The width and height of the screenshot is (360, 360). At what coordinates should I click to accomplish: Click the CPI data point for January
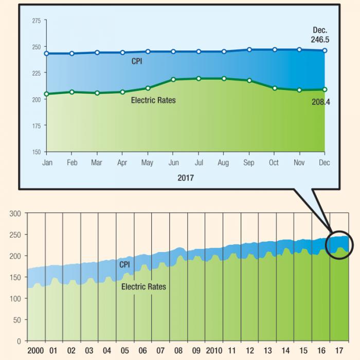coord(47,53)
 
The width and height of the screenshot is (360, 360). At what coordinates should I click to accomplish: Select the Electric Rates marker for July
coord(199,79)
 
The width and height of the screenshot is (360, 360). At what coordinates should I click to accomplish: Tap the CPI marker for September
coord(249,50)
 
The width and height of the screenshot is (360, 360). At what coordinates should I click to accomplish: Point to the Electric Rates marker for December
coord(325,89)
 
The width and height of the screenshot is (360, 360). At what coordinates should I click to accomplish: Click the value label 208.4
coord(320,102)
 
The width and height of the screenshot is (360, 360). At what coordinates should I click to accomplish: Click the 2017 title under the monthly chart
coord(185,177)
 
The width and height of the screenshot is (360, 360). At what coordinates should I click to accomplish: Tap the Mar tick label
coord(97,163)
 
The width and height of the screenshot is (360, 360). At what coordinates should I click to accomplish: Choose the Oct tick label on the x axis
coord(274,163)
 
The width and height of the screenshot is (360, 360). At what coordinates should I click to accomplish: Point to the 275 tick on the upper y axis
coord(36,21)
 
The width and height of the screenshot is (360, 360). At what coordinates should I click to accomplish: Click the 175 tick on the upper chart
coord(36,125)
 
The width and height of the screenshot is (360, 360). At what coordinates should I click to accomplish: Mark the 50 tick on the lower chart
coord(17,320)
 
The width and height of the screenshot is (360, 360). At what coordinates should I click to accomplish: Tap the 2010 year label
coord(213,351)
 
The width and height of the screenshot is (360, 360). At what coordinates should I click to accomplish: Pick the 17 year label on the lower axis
coord(338,351)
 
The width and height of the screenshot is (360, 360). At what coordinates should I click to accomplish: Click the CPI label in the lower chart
coord(124,264)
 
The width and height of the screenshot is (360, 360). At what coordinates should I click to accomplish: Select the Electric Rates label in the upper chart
coord(153,100)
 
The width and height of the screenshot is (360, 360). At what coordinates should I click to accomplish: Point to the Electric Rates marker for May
coord(148,88)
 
